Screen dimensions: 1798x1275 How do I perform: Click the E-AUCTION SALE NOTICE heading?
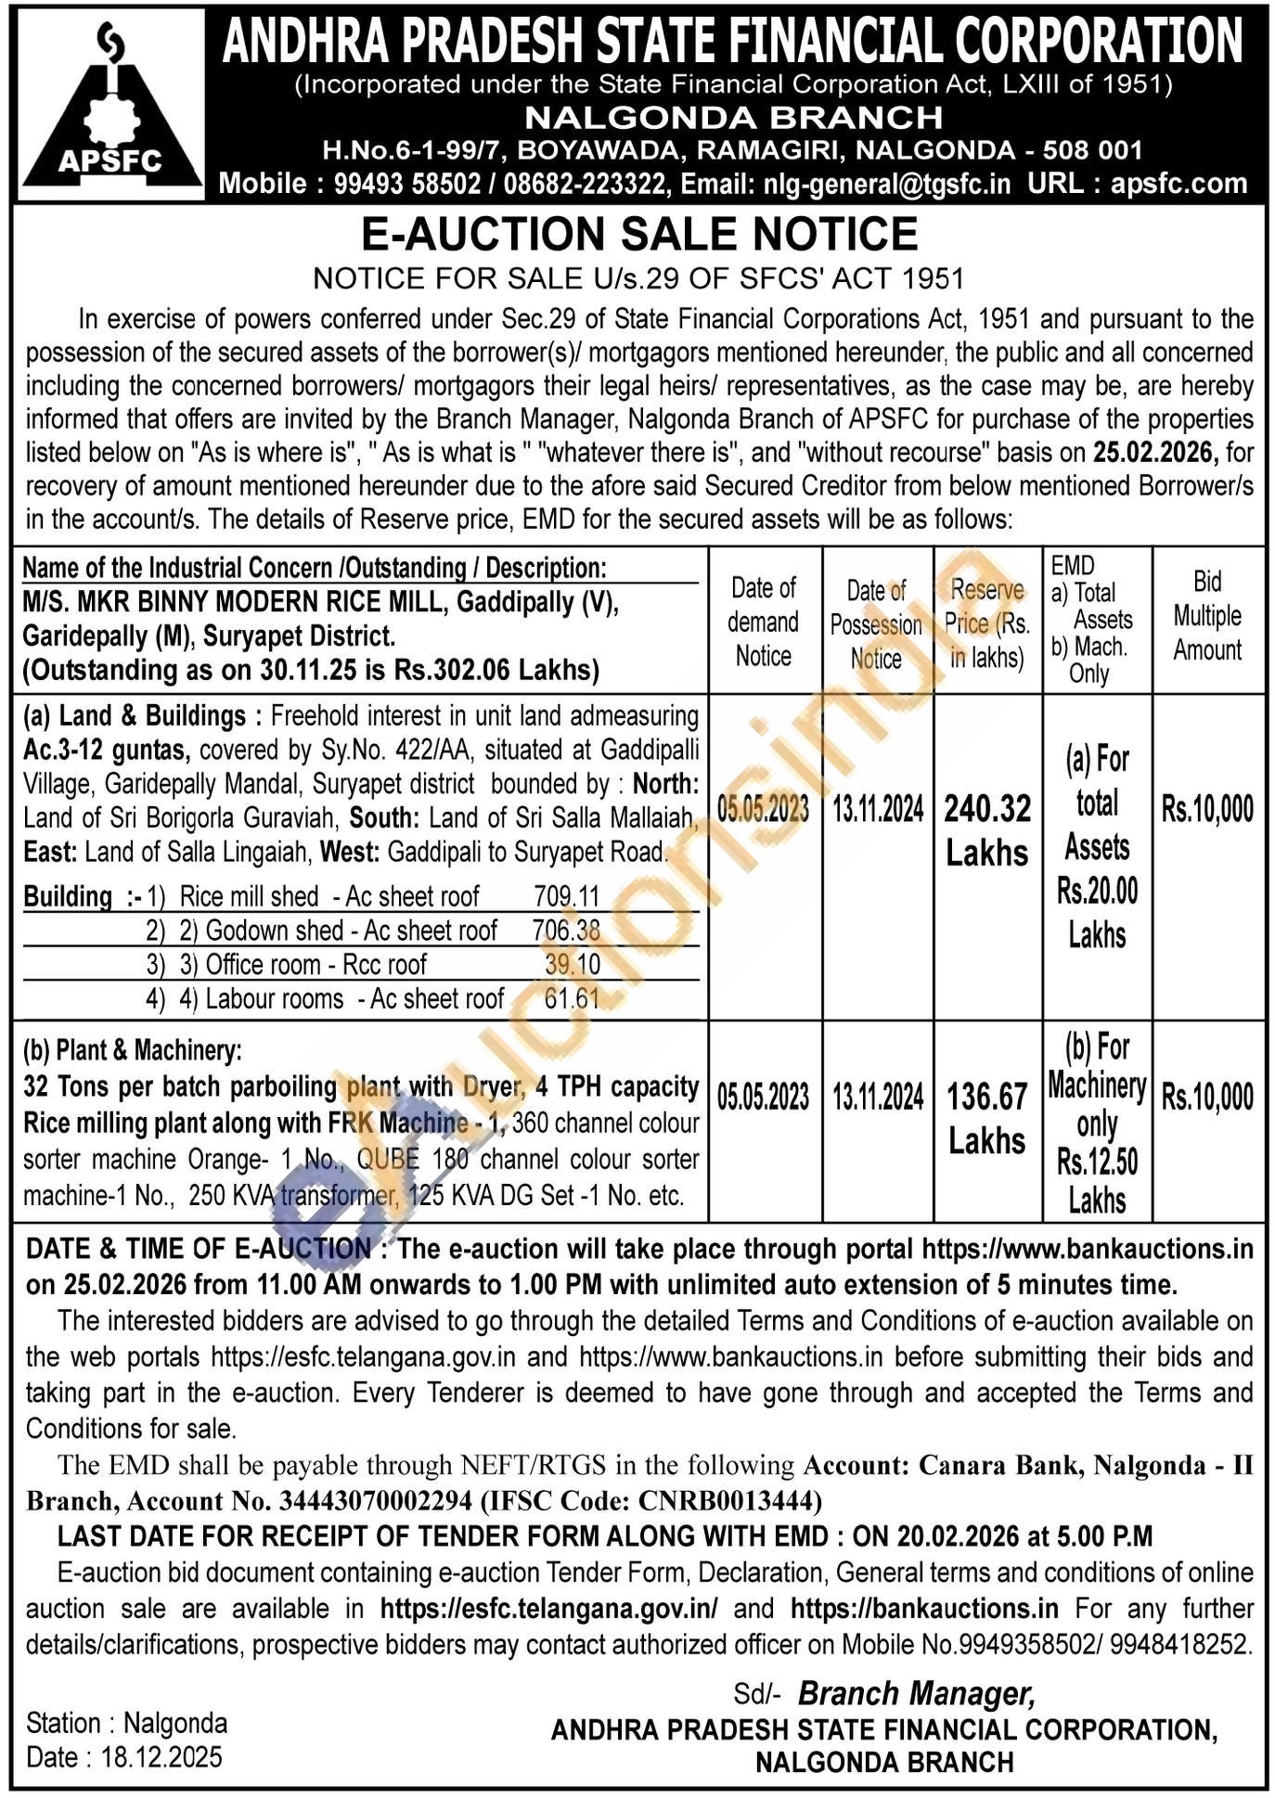[x=639, y=233]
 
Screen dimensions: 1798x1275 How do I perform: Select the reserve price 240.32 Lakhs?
[x=987, y=830]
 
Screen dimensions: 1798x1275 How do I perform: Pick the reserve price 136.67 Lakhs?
[x=987, y=1119]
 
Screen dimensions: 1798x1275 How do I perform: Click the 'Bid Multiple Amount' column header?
[x=1206, y=616]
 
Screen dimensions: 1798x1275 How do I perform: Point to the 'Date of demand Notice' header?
[x=764, y=622]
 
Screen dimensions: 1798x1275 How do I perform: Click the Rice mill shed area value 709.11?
[x=566, y=896]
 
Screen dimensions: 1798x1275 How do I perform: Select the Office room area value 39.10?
[x=573, y=965]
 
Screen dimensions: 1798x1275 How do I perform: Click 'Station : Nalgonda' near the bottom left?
[x=126, y=1723]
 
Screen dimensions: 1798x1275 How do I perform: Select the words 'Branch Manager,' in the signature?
[x=916, y=1693]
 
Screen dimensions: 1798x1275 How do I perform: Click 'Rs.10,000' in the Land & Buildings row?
[x=1206, y=809]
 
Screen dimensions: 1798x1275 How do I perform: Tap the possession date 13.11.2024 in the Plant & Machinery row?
[x=877, y=1098]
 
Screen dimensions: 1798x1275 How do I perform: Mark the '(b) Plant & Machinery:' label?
[x=132, y=1050]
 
